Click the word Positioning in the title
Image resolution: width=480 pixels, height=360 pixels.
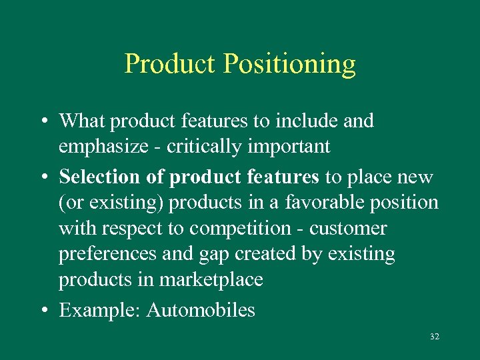(x=289, y=65)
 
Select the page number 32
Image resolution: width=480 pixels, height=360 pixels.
(x=435, y=337)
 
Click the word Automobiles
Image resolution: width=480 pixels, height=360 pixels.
(x=201, y=310)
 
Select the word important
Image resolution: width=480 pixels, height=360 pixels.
(x=287, y=147)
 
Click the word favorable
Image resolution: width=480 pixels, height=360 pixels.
(x=315, y=203)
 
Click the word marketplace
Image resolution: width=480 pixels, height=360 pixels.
(x=211, y=280)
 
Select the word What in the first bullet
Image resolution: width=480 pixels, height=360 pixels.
(x=82, y=121)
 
